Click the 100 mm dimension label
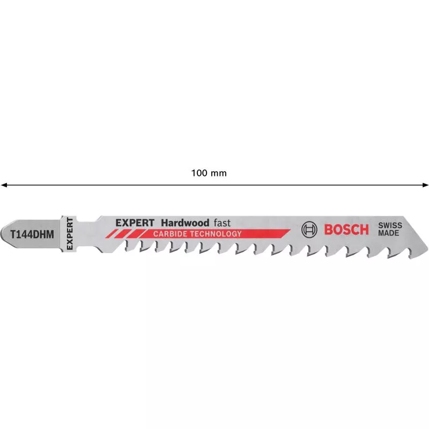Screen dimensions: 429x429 209,173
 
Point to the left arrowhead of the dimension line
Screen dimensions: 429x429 3,185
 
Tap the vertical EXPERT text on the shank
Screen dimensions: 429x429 68,233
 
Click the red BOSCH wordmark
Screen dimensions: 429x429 347,230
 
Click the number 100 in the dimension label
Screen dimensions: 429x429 198,173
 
